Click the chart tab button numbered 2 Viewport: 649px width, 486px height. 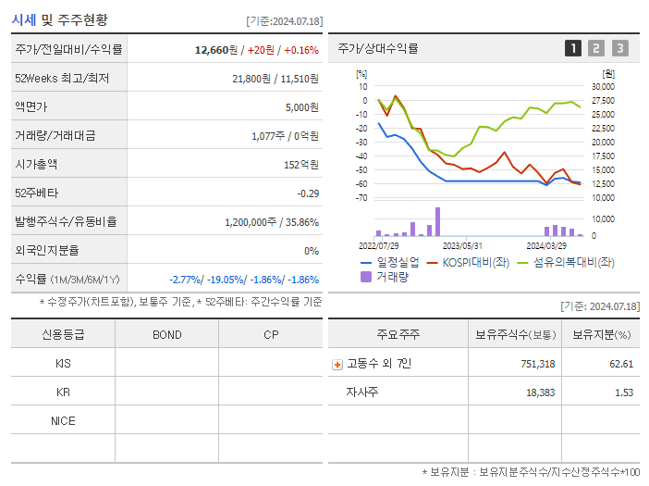click(596, 48)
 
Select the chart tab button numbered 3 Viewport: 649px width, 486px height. click(619, 48)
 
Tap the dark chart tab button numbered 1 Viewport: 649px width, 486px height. click(573, 48)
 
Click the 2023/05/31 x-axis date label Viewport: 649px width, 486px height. click(462, 246)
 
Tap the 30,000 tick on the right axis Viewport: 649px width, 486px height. click(603, 86)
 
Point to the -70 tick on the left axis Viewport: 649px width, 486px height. click(361, 198)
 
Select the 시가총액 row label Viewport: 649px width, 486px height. click(36, 164)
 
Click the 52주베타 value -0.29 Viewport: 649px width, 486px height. click(307, 193)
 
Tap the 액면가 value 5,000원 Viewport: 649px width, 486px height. click(301, 107)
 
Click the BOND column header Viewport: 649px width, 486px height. click(166, 334)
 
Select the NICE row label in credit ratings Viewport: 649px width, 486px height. click(63, 420)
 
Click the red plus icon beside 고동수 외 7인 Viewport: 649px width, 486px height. click(337, 364)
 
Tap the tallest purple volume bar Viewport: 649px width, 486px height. click(437, 222)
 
